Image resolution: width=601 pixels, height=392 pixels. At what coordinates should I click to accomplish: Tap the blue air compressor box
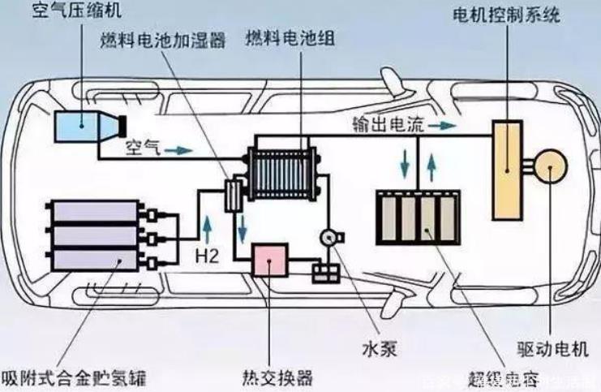75,126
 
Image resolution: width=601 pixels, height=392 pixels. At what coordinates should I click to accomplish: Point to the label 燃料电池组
290,39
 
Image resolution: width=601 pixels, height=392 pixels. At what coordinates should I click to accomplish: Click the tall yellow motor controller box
509,170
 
